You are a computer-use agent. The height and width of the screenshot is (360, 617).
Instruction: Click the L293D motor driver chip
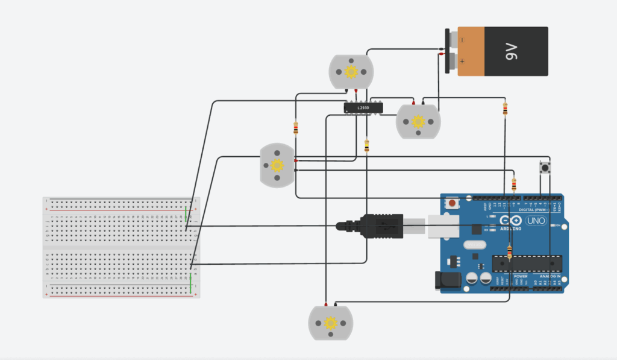point(363,107)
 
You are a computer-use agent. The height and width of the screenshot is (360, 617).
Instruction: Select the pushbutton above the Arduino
point(546,166)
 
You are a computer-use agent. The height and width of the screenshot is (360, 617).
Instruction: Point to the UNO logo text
point(535,221)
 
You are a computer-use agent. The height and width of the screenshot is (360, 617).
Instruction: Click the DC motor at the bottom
point(330,323)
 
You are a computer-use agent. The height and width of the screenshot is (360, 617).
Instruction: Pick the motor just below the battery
point(418,121)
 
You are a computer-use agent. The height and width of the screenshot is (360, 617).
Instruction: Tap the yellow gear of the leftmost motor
point(277,165)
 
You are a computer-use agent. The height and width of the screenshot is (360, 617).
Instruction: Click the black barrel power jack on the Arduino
point(446,279)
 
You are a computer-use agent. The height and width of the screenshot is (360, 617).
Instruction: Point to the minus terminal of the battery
point(451,40)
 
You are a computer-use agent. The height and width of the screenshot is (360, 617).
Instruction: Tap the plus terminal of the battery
point(451,62)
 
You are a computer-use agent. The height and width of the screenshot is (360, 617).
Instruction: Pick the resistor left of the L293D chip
point(295,128)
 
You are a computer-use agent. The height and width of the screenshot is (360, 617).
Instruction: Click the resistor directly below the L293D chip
point(367,145)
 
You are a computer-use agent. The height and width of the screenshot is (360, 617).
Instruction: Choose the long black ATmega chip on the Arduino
point(527,263)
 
